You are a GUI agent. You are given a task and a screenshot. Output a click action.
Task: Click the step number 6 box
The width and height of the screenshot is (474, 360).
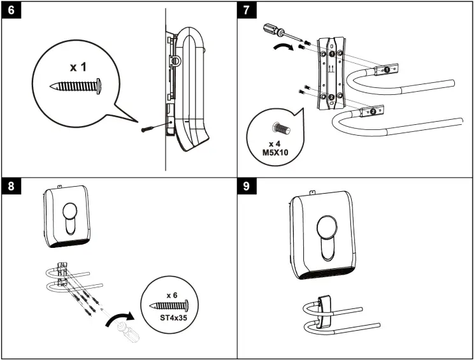pyautogui.click(x=11, y=11)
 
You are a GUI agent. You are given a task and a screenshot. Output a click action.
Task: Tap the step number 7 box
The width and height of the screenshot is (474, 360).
pyautogui.click(x=248, y=11)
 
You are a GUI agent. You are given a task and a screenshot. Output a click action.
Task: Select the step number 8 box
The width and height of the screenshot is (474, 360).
pyautogui.click(x=11, y=188)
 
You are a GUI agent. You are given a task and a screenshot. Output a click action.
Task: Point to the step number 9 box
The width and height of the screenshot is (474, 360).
pyautogui.click(x=248, y=188)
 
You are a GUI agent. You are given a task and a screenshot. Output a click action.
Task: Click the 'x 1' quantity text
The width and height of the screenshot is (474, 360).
pyautogui.click(x=77, y=67)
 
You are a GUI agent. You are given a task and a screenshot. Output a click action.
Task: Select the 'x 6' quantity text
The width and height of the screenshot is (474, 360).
pyautogui.click(x=171, y=295)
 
